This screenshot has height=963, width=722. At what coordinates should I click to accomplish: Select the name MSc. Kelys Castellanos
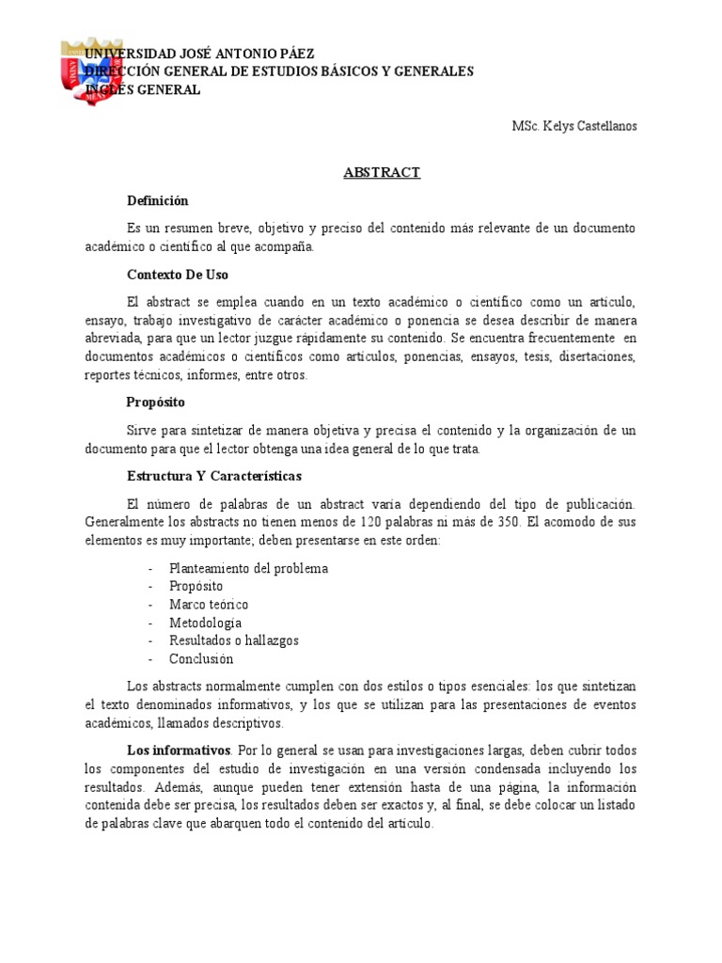point(573,126)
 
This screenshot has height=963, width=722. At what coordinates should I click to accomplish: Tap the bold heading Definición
point(158,200)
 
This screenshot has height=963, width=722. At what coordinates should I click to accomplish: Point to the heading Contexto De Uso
point(178,275)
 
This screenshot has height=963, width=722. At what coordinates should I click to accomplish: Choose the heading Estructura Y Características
point(214,476)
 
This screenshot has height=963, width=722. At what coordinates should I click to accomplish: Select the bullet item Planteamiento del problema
point(248,569)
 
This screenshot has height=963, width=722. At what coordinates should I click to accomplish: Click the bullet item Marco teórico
point(209,605)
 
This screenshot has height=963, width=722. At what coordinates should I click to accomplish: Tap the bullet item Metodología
point(206,623)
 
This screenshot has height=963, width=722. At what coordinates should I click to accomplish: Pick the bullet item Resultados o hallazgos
point(234,640)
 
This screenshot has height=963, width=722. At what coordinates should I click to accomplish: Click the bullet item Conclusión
point(201,658)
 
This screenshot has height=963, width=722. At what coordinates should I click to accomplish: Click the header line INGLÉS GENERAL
point(142,89)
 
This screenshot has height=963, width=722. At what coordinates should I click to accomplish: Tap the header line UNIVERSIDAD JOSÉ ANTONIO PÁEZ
point(199,54)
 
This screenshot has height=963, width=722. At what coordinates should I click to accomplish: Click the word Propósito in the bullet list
point(196,587)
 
